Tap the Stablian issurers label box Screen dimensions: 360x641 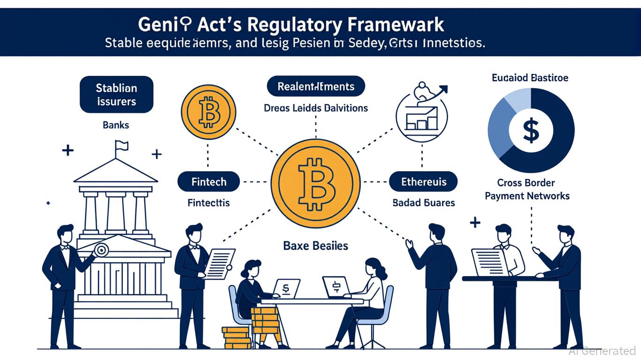click(116, 94)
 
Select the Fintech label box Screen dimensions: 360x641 click(209, 181)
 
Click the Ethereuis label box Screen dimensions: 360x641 click(424, 181)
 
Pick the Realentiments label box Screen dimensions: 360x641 click(316, 86)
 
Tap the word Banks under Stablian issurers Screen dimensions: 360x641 click(116, 125)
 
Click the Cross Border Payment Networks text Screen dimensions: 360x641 click(527, 189)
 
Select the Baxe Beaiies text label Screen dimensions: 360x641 click(315, 245)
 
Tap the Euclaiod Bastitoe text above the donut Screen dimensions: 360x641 click(530, 77)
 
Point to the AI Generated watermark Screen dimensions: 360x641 click(602, 351)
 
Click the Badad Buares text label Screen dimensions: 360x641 click(423, 203)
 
